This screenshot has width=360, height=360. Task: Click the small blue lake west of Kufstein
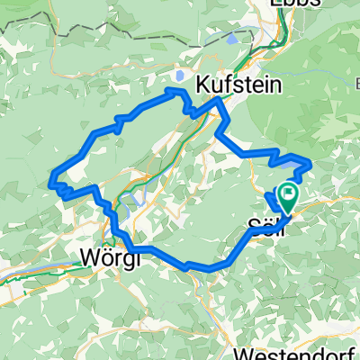click(x=180, y=77)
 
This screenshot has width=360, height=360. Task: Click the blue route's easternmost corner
click(x=310, y=162)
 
